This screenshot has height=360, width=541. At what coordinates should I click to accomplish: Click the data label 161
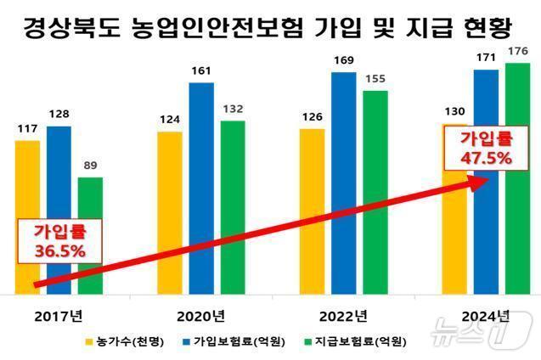pyautogui.click(x=201, y=72)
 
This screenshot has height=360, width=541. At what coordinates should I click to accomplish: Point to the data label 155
pyautogui.click(x=375, y=79)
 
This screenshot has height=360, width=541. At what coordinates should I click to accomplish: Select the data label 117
pyautogui.click(x=27, y=129)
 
